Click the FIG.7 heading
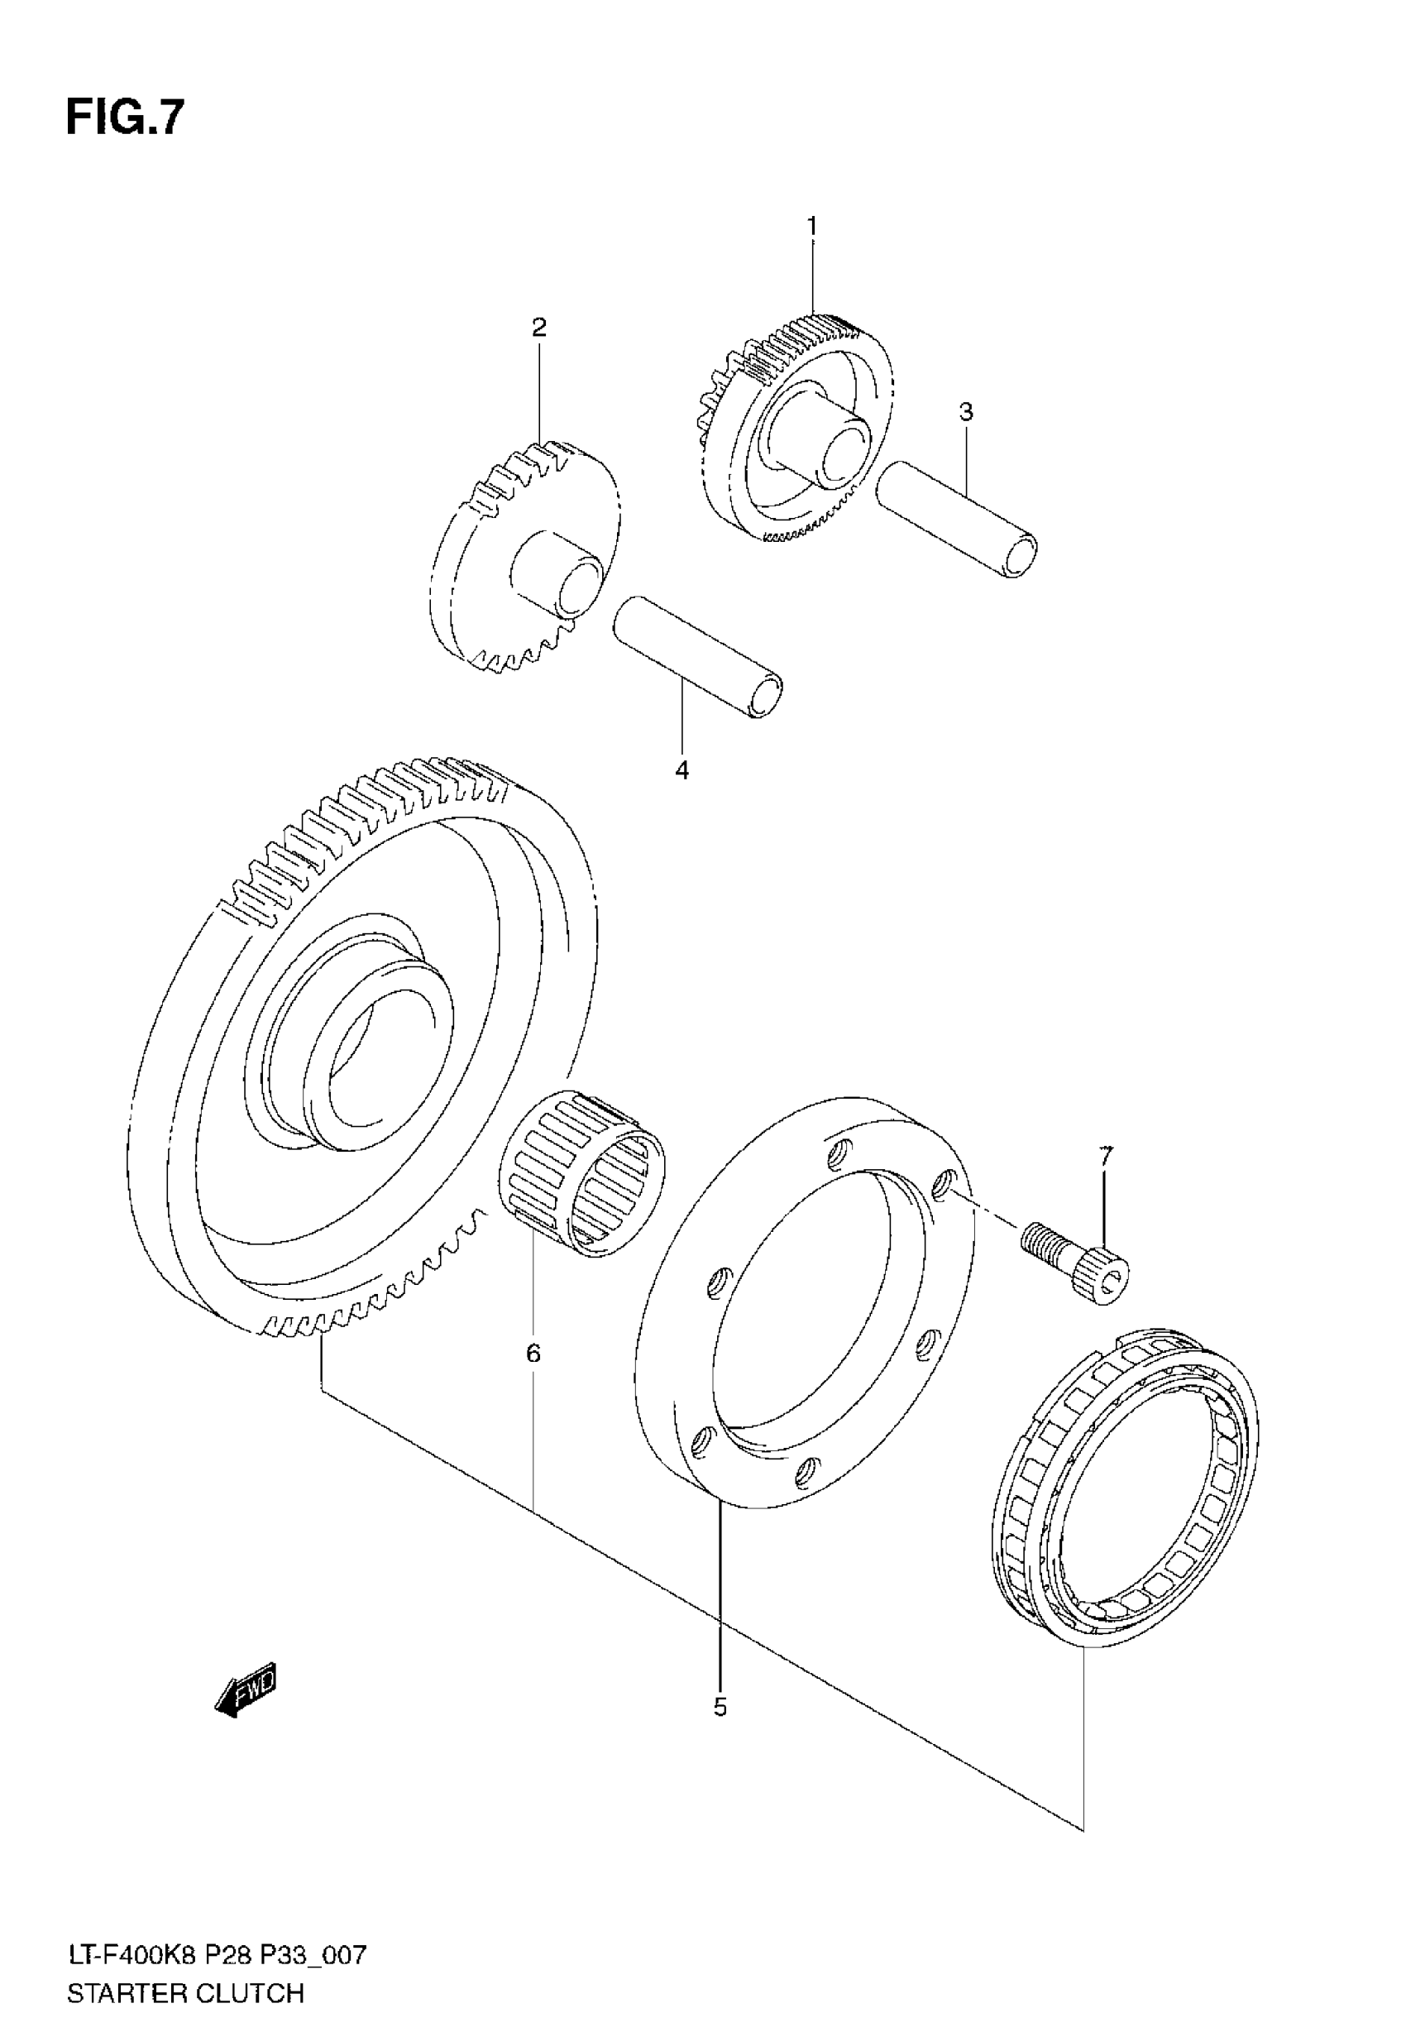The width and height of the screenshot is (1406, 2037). (125, 117)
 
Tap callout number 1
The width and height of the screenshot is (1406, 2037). (812, 227)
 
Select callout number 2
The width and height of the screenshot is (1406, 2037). (539, 328)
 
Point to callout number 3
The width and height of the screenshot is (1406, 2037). (966, 411)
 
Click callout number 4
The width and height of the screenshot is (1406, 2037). (681, 770)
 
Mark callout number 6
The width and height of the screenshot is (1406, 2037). (533, 1353)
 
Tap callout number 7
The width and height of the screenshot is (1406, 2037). (1107, 1154)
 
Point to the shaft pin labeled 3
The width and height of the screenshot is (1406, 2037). (957, 520)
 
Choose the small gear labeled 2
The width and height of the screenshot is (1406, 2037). (525, 555)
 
